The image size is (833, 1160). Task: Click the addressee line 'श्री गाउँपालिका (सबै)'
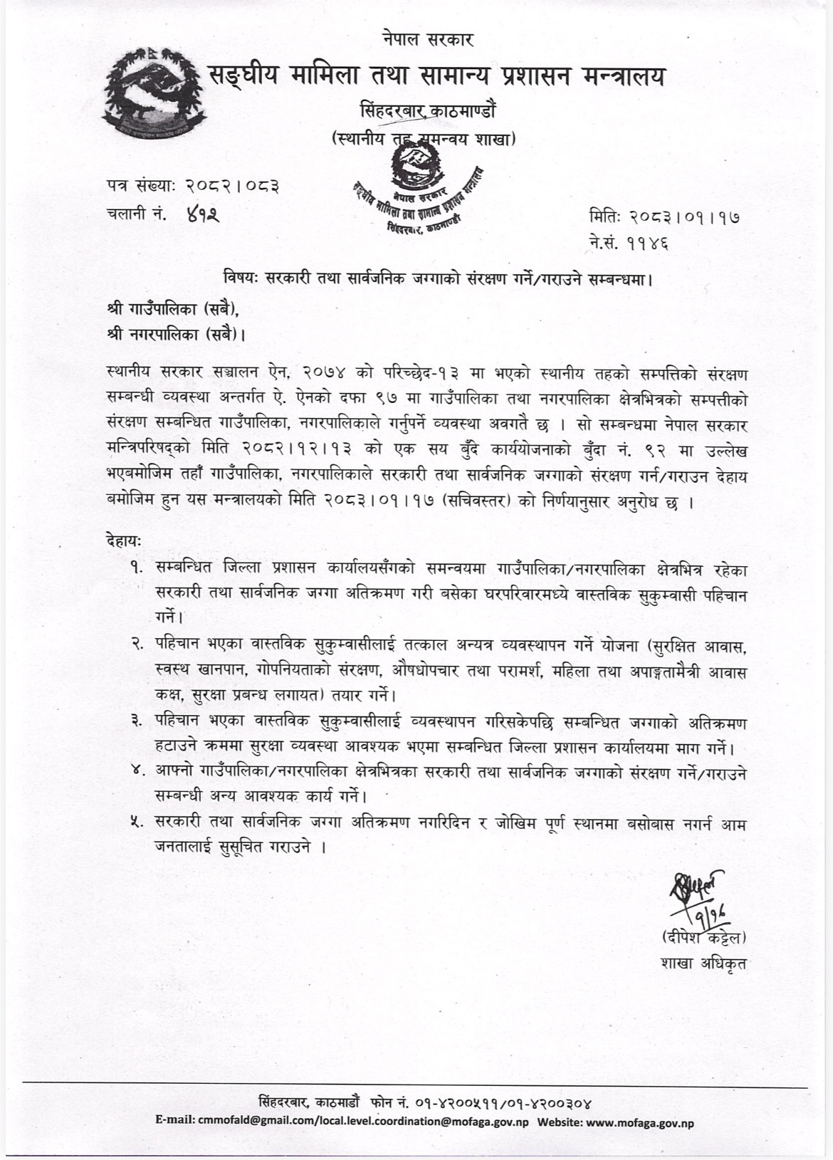172,309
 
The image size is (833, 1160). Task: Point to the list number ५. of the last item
135,822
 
